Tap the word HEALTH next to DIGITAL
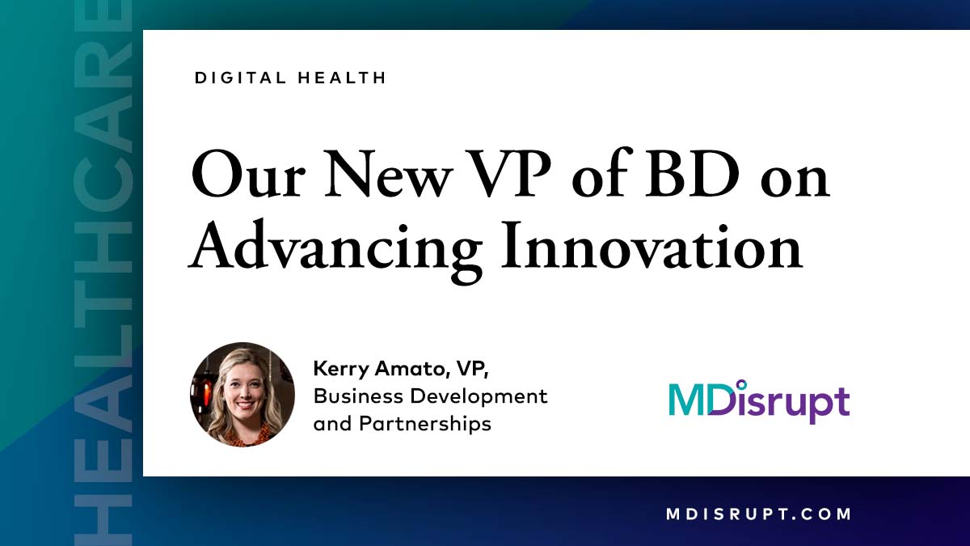click(345, 78)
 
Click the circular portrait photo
click(242, 395)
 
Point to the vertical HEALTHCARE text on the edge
click(103, 275)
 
